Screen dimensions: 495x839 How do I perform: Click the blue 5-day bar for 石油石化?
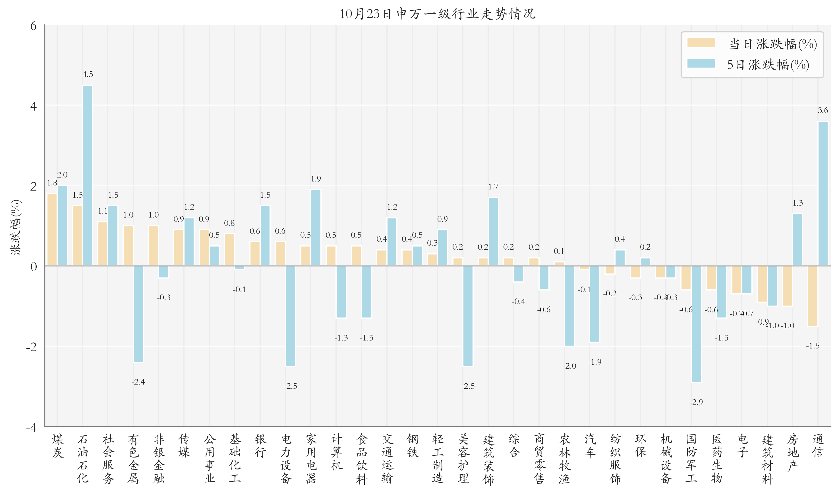[x=88, y=176]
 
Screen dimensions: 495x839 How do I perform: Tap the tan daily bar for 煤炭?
[x=52, y=230]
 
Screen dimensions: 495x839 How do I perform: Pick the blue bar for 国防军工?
[x=696, y=324]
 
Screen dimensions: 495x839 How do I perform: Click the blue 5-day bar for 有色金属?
[x=138, y=314]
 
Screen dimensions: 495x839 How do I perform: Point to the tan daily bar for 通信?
[x=813, y=296]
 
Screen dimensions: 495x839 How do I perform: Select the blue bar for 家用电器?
[x=316, y=228]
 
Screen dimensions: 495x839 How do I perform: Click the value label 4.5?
[x=88, y=74]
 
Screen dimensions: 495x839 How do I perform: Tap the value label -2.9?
[x=696, y=402]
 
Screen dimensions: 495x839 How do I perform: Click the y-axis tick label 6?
[x=33, y=26]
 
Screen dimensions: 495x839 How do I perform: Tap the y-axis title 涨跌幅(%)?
[x=16, y=227]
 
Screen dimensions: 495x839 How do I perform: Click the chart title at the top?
[x=437, y=14]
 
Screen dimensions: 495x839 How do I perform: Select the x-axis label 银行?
[x=260, y=446]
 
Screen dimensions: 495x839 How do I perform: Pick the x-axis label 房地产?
[x=793, y=452]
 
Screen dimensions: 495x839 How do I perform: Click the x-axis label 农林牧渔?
[x=565, y=459]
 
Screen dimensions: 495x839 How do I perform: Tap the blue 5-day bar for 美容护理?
[x=468, y=316]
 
